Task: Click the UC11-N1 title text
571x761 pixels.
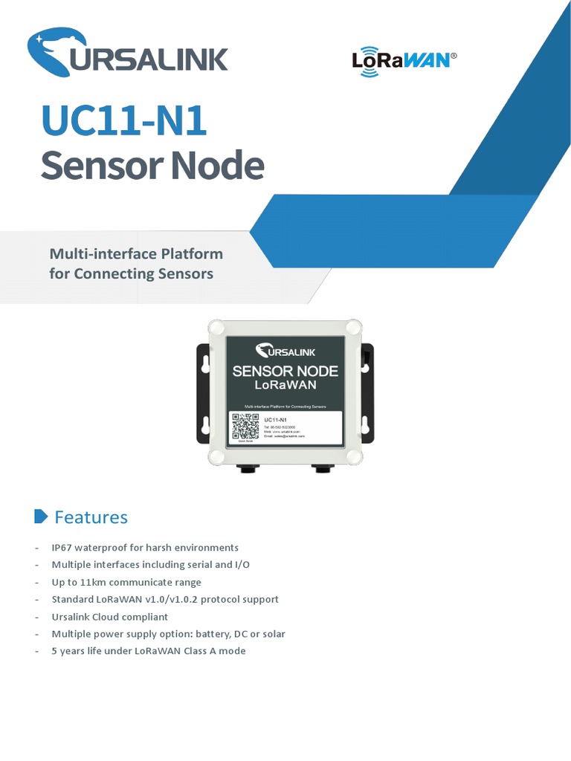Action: [123, 121]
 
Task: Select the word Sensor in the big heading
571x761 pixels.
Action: [101, 165]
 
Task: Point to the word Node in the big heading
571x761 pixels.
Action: [216, 165]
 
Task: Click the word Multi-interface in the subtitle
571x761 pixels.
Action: [103, 254]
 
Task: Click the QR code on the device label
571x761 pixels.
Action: [245, 427]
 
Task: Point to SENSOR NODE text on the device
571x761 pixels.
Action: [285, 371]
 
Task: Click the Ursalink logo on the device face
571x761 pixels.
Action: [285, 351]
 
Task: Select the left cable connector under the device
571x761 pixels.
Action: [246, 469]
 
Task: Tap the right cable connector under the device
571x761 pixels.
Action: [323, 469]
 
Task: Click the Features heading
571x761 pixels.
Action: [91, 517]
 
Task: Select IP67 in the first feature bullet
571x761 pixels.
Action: [63, 548]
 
